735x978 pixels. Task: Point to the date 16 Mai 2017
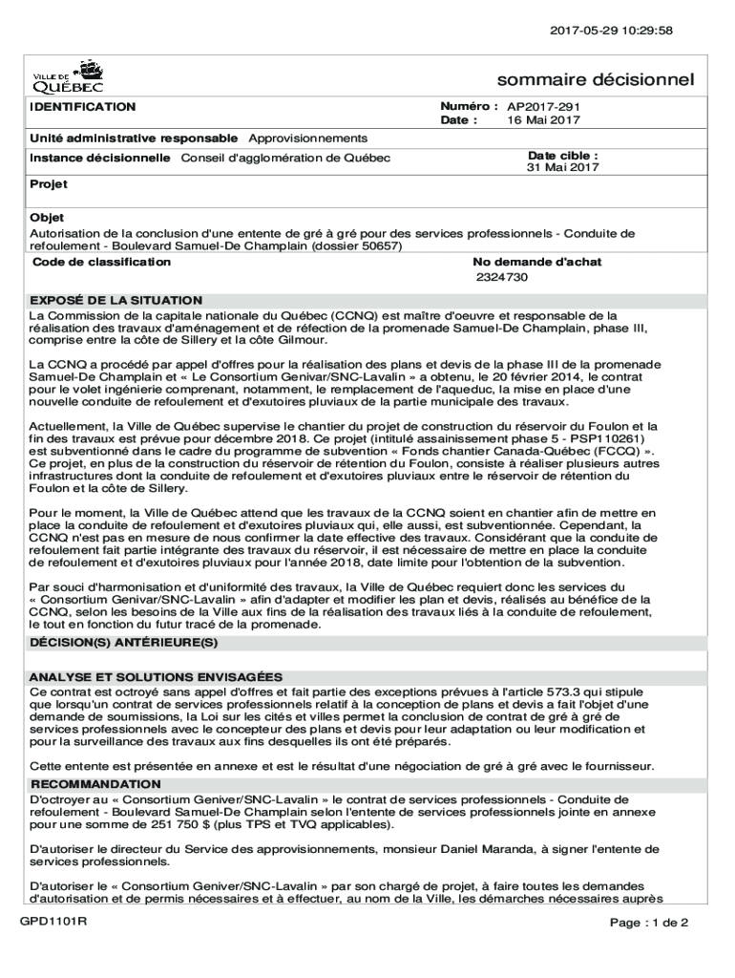pyautogui.click(x=543, y=120)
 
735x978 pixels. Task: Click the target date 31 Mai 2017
pyautogui.click(x=563, y=168)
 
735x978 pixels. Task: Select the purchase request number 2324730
pyautogui.click(x=502, y=277)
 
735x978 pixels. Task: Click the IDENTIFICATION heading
pyautogui.click(x=82, y=107)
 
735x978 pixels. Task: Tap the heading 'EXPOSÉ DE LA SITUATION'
pyautogui.click(x=116, y=300)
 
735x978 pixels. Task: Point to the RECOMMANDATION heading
pyautogui.click(x=95, y=784)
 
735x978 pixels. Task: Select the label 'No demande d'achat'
pyautogui.click(x=536, y=262)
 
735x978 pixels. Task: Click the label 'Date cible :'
pyautogui.click(x=563, y=155)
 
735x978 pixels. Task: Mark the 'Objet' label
pyautogui.click(x=48, y=218)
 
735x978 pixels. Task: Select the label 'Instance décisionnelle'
pyautogui.click(x=100, y=158)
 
